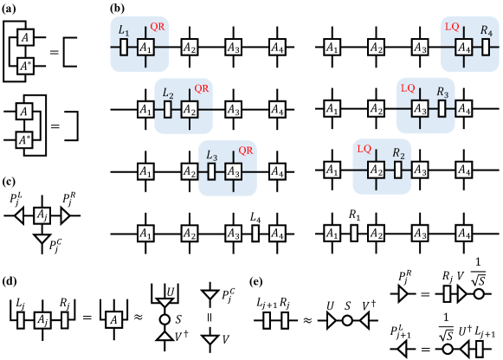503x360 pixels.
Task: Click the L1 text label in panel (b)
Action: (x=123, y=30)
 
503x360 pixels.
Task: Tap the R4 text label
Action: (x=487, y=30)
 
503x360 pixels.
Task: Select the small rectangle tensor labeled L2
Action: (x=168, y=109)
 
